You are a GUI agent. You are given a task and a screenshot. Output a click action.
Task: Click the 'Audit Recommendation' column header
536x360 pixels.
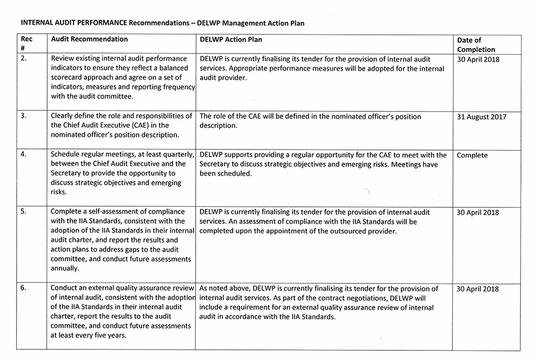point(89,40)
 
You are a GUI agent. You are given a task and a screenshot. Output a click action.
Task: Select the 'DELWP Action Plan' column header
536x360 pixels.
point(230,40)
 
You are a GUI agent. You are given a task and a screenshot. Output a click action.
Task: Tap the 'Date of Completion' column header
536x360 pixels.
point(476,45)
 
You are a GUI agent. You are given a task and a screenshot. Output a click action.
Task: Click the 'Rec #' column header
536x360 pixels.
point(26,44)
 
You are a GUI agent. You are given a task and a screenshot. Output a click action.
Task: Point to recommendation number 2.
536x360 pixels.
point(24,59)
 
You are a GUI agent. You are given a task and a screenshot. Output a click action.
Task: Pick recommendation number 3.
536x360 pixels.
point(24,116)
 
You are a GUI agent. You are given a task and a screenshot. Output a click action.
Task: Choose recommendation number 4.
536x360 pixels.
point(24,155)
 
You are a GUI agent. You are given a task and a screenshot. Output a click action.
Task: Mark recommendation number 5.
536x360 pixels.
point(24,212)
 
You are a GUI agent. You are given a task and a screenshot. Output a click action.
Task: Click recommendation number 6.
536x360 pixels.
point(24,289)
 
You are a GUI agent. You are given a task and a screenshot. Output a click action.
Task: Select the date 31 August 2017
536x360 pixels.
point(481,117)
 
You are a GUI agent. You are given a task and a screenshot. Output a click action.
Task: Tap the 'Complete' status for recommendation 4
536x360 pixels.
point(472,155)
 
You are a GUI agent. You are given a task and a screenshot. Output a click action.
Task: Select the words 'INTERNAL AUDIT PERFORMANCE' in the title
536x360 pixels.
point(73,24)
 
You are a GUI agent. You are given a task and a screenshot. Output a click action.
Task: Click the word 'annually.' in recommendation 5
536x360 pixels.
point(65,269)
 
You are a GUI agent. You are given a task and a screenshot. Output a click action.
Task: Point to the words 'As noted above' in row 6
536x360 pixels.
point(224,289)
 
